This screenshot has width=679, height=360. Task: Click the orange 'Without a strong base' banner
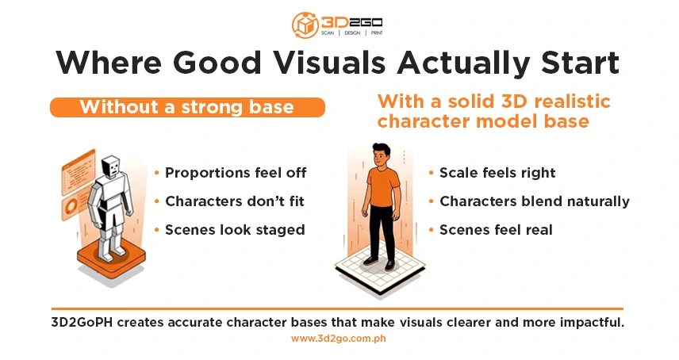(x=187, y=107)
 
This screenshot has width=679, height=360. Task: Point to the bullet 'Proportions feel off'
(x=235, y=172)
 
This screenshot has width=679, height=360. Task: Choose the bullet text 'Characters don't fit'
(x=234, y=201)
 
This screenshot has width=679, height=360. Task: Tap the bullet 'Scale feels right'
(x=497, y=172)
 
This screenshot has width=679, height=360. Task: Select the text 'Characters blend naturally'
(x=534, y=201)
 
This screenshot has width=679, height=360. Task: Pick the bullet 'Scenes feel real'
(x=496, y=230)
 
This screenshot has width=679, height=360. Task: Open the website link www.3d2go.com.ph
(x=339, y=339)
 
